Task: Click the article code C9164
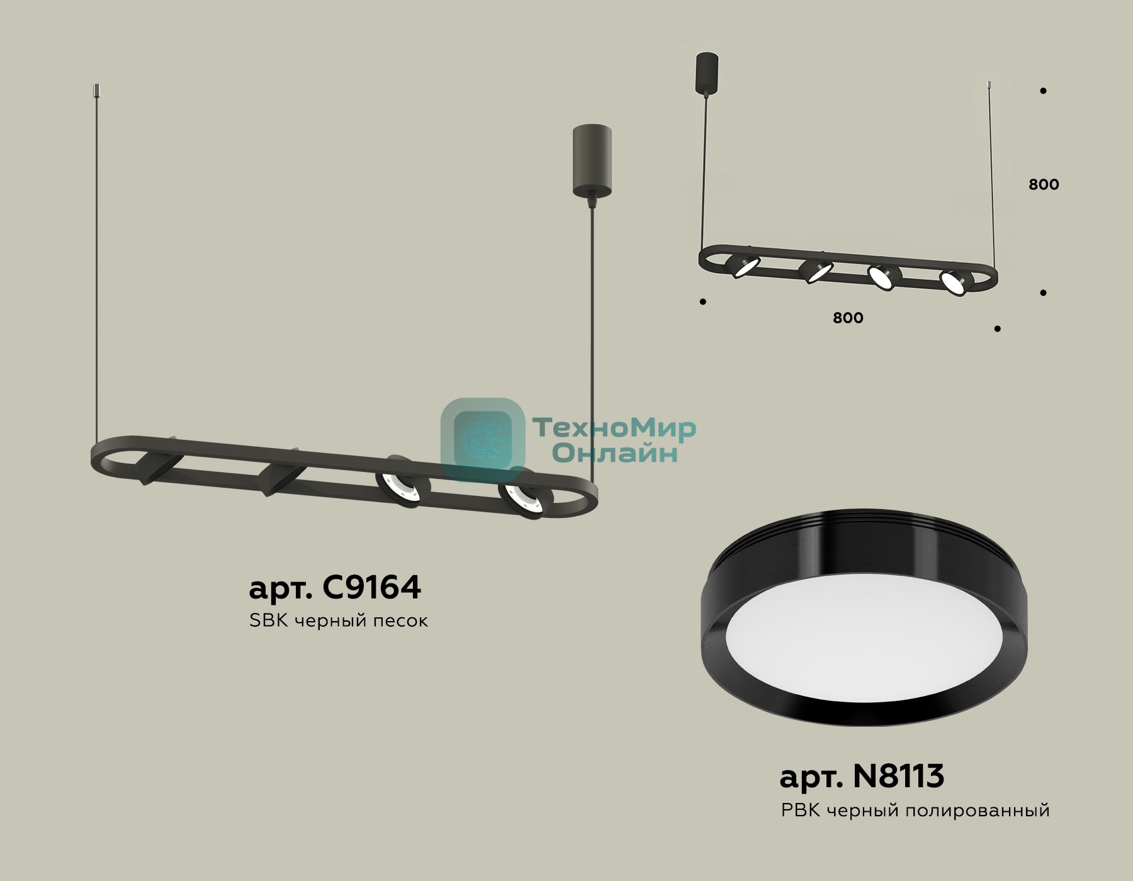[x=371, y=587]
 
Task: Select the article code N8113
[x=898, y=776]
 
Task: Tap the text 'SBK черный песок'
[x=339, y=620]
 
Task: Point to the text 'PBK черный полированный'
[x=915, y=811]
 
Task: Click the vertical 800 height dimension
[x=1044, y=184]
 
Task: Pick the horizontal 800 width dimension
[x=848, y=318]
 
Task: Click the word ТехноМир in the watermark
[x=614, y=429]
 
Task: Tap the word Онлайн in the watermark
[x=614, y=453]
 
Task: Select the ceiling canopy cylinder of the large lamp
[x=592, y=160]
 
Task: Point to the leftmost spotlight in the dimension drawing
[x=743, y=265]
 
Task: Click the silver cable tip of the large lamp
[x=96, y=91]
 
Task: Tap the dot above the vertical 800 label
[x=1043, y=91]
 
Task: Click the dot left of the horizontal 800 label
[x=703, y=302]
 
